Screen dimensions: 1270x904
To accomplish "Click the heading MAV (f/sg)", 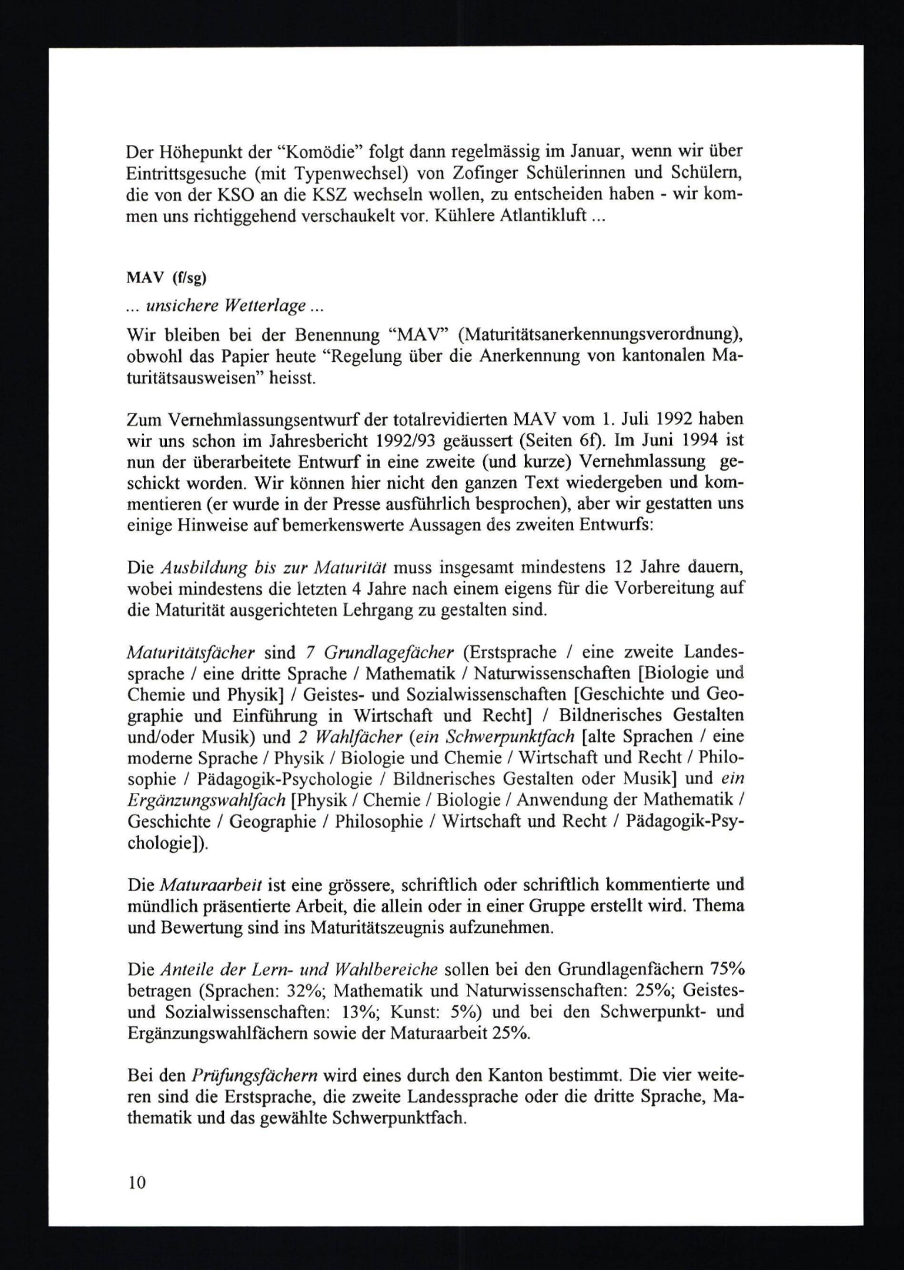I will [166, 279].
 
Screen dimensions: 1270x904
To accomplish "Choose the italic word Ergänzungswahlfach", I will [207, 800].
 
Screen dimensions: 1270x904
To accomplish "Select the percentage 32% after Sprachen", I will [304, 991].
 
